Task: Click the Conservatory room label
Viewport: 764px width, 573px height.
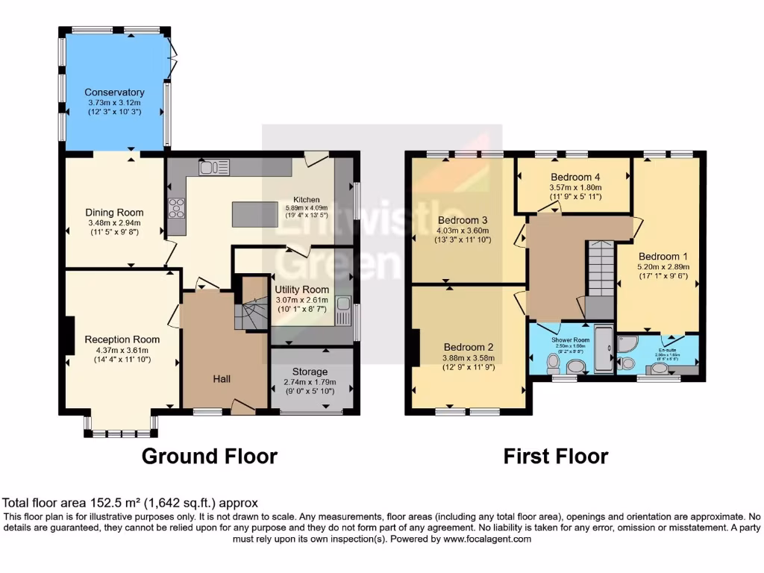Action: coord(114,93)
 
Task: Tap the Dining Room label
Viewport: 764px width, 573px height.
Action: coord(114,213)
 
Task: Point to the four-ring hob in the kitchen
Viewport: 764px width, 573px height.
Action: coord(178,207)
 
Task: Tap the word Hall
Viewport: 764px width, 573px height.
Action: coord(221,379)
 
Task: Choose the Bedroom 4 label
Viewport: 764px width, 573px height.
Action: coord(575,177)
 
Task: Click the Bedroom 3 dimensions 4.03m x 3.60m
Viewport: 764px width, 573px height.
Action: coord(463,231)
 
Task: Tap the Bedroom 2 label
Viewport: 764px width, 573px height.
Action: coord(469,347)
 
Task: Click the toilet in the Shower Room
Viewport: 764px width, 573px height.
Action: coord(553,363)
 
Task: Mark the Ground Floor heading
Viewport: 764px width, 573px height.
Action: coord(210,456)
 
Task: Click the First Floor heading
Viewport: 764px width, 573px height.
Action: coord(556,456)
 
